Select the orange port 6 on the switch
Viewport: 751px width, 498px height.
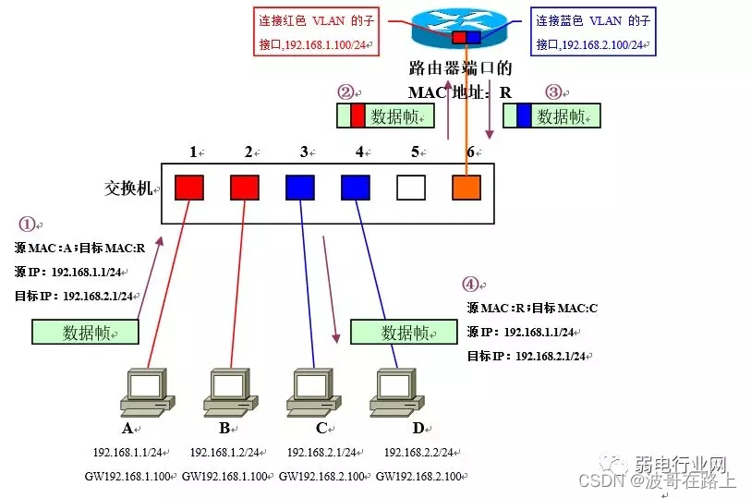[x=466, y=188]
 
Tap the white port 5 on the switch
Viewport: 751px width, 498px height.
[x=411, y=188]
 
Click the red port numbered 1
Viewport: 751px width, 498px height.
[x=189, y=188]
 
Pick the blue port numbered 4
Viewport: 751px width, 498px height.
[x=356, y=188]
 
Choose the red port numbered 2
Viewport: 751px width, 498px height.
[x=245, y=188]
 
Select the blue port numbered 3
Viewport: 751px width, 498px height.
[x=300, y=188]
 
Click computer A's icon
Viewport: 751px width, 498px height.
[x=148, y=393]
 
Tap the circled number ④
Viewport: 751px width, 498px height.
[x=471, y=285]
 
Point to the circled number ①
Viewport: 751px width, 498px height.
[x=28, y=224]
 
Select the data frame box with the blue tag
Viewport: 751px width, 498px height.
[x=551, y=115]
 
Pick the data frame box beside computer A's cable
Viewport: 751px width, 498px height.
[x=86, y=333]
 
